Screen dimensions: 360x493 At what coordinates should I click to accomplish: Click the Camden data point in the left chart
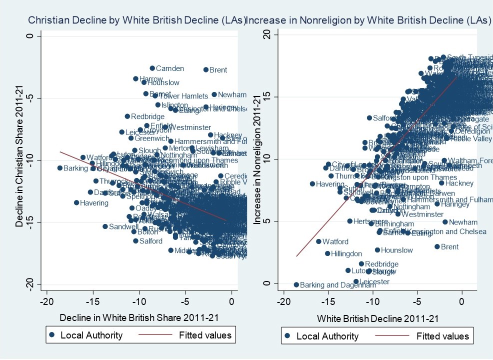(152, 68)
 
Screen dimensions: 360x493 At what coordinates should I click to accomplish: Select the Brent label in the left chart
(218, 70)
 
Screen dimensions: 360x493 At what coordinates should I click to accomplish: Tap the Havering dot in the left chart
(76, 202)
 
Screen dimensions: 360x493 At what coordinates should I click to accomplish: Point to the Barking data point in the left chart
(60, 168)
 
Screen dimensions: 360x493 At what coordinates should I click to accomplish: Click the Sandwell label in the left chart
(120, 226)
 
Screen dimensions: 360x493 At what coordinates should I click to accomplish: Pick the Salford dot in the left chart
(135, 240)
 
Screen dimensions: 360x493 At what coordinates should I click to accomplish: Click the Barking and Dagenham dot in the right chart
(296, 284)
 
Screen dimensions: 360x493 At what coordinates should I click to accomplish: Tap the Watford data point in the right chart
(318, 241)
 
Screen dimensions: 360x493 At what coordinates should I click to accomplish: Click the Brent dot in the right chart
(437, 246)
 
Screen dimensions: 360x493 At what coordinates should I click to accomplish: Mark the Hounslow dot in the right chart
(377, 250)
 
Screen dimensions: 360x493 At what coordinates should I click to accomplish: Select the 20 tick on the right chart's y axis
(266, 34)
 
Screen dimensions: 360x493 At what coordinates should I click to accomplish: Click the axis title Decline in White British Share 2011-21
(138, 317)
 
